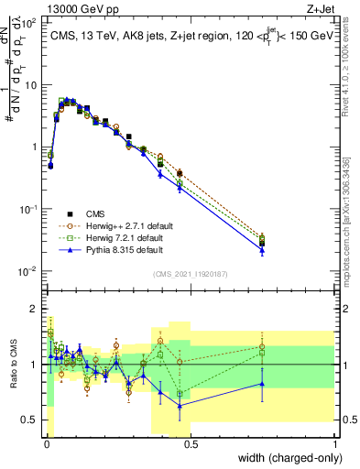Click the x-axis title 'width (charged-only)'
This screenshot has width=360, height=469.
284,458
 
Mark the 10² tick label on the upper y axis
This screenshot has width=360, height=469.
28,22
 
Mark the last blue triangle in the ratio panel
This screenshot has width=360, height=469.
262,384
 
